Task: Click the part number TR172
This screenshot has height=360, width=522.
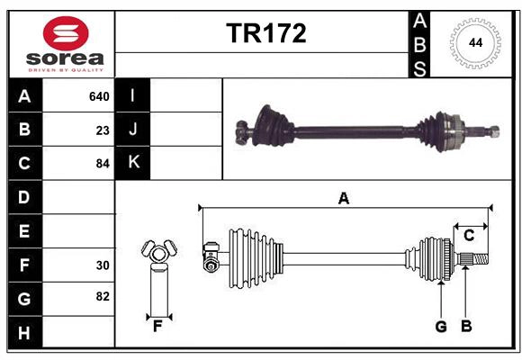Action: pyautogui.click(x=265, y=33)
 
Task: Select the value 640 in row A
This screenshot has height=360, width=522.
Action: pyautogui.click(x=98, y=96)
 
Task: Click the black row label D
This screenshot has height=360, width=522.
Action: pyautogui.click(x=24, y=197)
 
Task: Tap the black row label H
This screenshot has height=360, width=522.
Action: pyautogui.click(x=24, y=333)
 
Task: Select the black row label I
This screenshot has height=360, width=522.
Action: pyautogui.click(x=133, y=96)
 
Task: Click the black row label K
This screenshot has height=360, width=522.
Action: pyautogui.click(x=133, y=163)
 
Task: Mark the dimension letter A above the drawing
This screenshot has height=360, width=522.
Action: pyautogui.click(x=343, y=198)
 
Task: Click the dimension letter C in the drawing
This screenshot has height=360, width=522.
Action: pyautogui.click(x=469, y=236)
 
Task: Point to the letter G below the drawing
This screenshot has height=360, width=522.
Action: pyautogui.click(x=441, y=327)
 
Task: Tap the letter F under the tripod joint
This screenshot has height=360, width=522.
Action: pyautogui.click(x=157, y=327)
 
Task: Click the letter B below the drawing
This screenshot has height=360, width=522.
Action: pyautogui.click(x=466, y=327)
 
